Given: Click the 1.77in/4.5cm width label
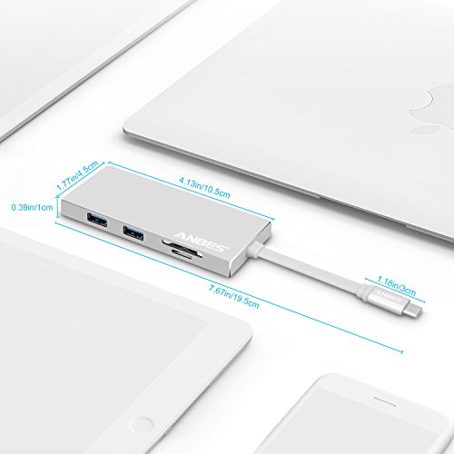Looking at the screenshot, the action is click(x=77, y=175).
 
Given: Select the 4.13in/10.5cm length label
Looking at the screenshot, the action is click(x=204, y=188).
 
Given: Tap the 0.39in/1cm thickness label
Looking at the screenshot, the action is click(x=32, y=208).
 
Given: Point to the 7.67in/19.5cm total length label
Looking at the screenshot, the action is click(x=234, y=296).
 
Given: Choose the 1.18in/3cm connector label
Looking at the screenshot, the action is click(x=396, y=286).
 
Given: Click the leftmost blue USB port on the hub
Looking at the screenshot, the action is click(x=97, y=220).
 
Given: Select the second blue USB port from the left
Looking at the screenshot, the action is click(x=133, y=232).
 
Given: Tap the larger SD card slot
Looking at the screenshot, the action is click(x=183, y=248).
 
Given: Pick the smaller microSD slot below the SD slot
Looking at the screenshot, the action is click(x=182, y=255).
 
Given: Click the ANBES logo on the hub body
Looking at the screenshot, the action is click(x=201, y=242).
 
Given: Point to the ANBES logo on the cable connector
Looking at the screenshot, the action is click(x=388, y=296).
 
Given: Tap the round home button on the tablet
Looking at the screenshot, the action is click(x=141, y=424).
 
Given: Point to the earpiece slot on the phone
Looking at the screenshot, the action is click(x=384, y=401).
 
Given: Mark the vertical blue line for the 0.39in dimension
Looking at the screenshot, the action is click(x=57, y=208).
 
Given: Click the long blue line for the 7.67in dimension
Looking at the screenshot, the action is click(x=229, y=288).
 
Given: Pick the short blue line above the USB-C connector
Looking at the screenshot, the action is click(x=395, y=290).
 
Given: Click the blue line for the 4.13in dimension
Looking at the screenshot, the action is click(x=191, y=191).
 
